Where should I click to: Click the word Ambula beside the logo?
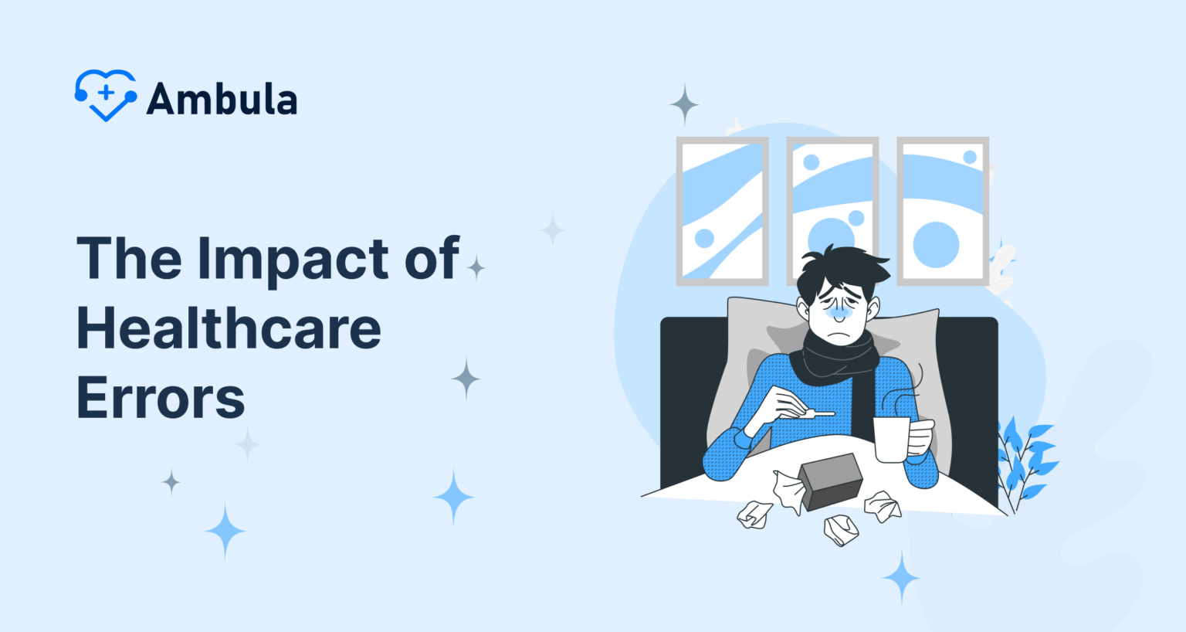pyautogui.click(x=222, y=99)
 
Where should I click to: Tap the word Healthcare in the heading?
pyautogui.click(x=229, y=328)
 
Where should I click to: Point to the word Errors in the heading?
pyautogui.click(x=161, y=398)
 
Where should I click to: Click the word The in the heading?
pyautogui.click(x=130, y=258)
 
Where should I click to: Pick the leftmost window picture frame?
pyautogui.click(x=722, y=211)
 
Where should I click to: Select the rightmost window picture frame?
pyautogui.click(x=943, y=211)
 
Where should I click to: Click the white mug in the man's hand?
pyautogui.click(x=893, y=439)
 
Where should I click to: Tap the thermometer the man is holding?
pyautogui.click(x=811, y=414)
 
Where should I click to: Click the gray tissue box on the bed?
pyautogui.click(x=831, y=481)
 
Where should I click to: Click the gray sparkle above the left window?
pyautogui.click(x=683, y=104)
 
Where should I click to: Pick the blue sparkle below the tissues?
pyautogui.click(x=900, y=577)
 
